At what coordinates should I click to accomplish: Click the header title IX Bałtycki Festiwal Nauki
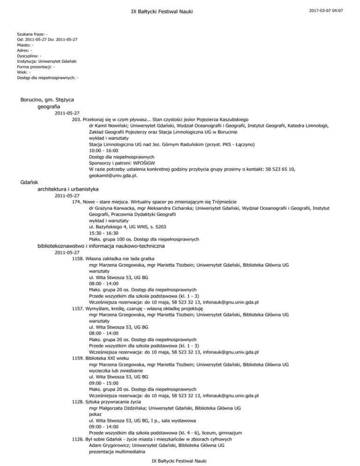180,10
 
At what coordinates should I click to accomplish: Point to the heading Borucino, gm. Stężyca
49,100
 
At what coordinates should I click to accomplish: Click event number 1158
79,258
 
